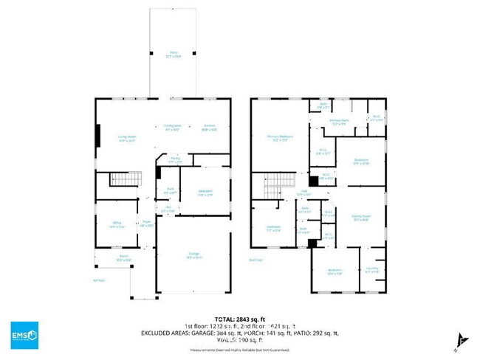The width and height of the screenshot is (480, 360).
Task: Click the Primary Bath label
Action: tap(339, 122)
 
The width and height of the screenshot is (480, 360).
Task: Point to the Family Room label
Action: tap(361, 217)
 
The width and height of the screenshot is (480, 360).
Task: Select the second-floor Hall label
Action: tap(304, 193)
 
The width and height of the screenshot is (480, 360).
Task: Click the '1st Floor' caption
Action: tap(98, 281)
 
